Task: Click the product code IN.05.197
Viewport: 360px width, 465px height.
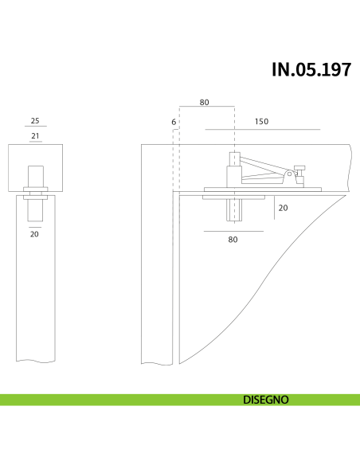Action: pyautogui.click(x=311, y=69)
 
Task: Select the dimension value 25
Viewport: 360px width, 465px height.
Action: pyautogui.click(x=34, y=120)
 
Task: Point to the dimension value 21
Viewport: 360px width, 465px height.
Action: pyautogui.click(x=34, y=136)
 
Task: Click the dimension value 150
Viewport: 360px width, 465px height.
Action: pyautogui.click(x=260, y=122)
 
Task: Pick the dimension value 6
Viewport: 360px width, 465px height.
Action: pyautogui.click(x=173, y=122)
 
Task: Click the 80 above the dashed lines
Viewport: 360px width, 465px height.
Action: pyautogui.click(x=205, y=103)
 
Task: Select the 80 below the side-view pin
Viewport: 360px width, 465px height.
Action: pyautogui.click(x=233, y=239)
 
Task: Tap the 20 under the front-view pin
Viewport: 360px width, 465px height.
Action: pyautogui.click(x=34, y=234)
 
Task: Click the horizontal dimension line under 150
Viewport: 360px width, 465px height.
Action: pyautogui.click(x=262, y=129)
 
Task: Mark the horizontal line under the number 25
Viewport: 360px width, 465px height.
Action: pyautogui.click(x=34, y=127)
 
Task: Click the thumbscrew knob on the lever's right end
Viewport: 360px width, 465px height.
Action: pyautogui.click(x=300, y=170)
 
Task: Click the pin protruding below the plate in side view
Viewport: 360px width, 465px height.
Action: pyautogui.click(x=234, y=209)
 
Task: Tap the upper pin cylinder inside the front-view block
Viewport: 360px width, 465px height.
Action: pyautogui.click(x=35, y=174)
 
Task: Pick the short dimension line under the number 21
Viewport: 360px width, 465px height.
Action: pyautogui.click(x=34, y=143)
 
